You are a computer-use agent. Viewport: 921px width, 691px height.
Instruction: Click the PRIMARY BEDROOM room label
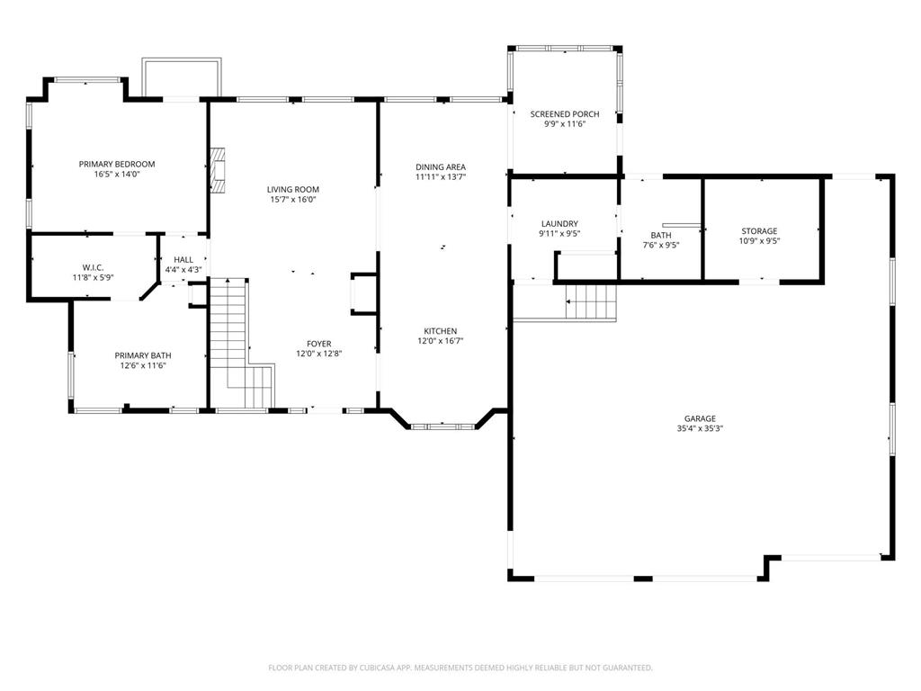[x=117, y=164]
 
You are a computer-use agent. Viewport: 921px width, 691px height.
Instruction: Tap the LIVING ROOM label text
[x=293, y=189]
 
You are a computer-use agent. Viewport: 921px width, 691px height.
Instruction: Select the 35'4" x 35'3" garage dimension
[x=700, y=428]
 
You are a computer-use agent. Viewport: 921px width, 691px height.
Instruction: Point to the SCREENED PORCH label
[x=565, y=114]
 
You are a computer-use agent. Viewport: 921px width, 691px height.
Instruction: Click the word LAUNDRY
[x=559, y=224]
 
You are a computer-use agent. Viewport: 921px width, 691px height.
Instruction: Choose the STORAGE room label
[x=759, y=231]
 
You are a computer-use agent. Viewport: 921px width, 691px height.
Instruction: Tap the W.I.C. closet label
[x=93, y=267]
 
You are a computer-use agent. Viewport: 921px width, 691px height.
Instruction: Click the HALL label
[x=183, y=260]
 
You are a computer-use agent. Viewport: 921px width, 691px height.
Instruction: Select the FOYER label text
[x=319, y=344]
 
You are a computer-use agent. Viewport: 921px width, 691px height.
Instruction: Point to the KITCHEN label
[x=441, y=331]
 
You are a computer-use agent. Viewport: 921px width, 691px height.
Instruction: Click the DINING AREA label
[x=441, y=166]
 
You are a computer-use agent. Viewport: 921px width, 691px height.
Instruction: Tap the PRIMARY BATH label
[x=143, y=355]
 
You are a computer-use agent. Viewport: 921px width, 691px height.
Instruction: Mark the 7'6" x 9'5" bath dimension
[x=661, y=245]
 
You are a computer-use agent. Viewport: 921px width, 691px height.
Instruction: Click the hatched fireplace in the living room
[x=218, y=170]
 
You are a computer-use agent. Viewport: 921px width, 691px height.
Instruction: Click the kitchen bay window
[x=443, y=426]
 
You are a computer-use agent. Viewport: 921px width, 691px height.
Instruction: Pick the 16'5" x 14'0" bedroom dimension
[x=117, y=174]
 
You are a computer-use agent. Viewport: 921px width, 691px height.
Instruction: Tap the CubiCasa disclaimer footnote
[x=460, y=668]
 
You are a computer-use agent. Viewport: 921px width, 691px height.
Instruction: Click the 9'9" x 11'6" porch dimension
[x=565, y=124]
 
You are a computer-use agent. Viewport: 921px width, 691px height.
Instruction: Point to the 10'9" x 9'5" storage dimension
[x=759, y=241]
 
